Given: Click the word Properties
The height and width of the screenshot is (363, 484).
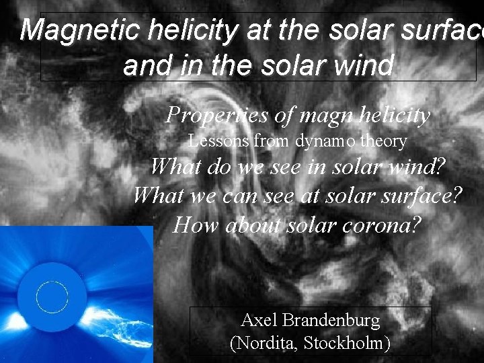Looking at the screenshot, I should (x=216, y=116).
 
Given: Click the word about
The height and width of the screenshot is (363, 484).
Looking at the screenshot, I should (x=254, y=224).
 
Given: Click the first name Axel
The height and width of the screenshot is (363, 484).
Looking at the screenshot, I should (x=258, y=320).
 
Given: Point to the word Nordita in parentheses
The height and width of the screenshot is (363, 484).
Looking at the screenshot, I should (x=266, y=343).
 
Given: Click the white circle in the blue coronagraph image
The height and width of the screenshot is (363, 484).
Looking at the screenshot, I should (x=52, y=296).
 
